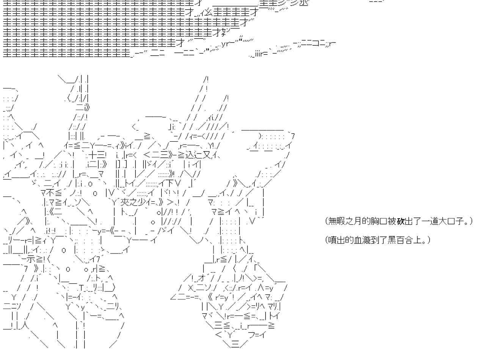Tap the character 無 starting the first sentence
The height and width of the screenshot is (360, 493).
pyautogui.click(x=332, y=221)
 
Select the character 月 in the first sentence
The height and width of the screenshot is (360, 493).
pyautogui.click(x=357, y=221)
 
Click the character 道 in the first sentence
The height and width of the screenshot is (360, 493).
pyautogui.click(x=433, y=221)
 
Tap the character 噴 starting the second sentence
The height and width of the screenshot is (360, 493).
pyautogui.click(x=332, y=240)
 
